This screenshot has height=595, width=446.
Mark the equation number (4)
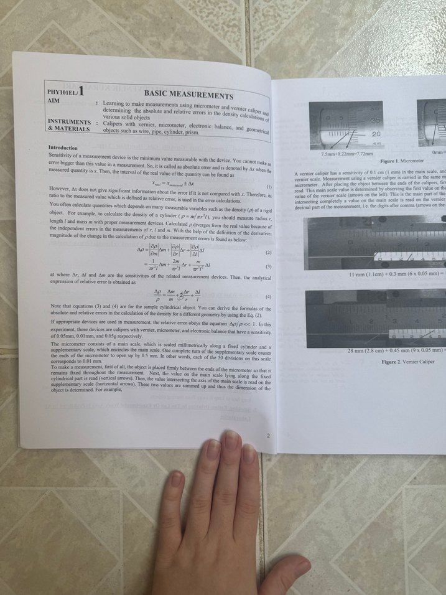coord(268,297)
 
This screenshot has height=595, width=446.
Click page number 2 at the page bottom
coord(267,435)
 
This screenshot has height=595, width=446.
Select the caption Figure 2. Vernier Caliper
coord(411,362)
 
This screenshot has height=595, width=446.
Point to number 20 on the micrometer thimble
coord(376,134)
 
